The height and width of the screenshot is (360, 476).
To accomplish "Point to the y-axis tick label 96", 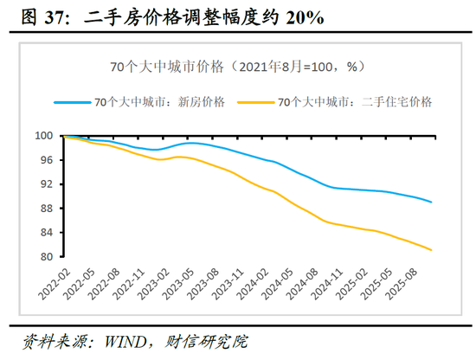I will (x=45, y=160).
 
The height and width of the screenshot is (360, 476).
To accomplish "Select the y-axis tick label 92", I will (x=45, y=184).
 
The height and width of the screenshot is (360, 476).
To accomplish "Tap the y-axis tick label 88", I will (x=45, y=209).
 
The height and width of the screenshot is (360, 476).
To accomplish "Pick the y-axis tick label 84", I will (x=45, y=233).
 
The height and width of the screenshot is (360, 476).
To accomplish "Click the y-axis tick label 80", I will (x=45, y=257).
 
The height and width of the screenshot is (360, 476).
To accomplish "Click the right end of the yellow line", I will (x=432, y=250).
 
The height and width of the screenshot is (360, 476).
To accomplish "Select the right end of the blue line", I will (x=432, y=202).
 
